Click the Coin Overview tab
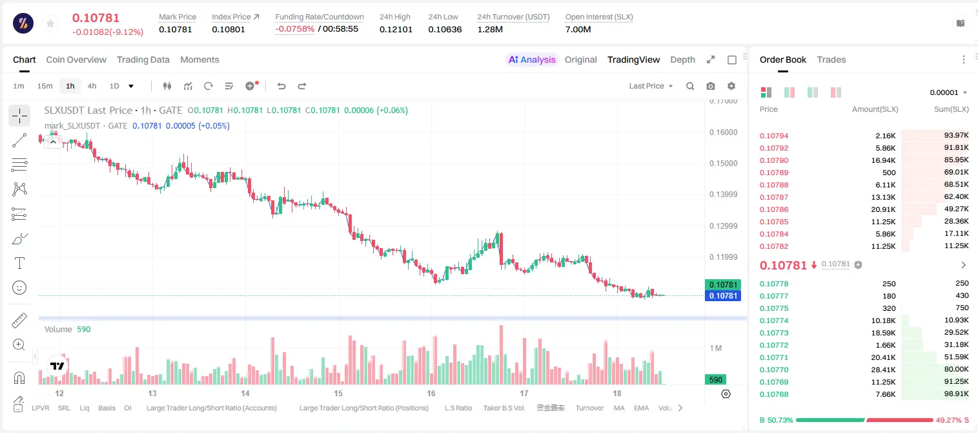click(x=76, y=59)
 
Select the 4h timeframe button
click(x=92, y=86)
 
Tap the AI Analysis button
click(x=532, y=59)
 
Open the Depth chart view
click(x=682, y=59)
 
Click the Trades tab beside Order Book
click(x=831, y=59)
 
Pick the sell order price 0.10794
click(x=774, y=136)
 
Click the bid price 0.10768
click(x=774, y=394)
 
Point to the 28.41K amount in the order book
click(x=883, y=370)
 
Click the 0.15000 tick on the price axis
click(x=724, y=164)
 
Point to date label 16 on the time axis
click(x=431, y=393)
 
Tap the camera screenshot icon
click(x=711, y=86)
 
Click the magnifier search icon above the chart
click(x=690, y=86)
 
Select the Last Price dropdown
click(x=651, y=86)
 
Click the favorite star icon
click(x=50, y=23)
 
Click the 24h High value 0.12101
click(x=396, y=29)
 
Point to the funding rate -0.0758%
click(x=295, y=29)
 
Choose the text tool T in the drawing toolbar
click(x=19, y=263)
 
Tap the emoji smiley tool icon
click(x=19, y=288)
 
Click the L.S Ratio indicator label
click(x=458, y=408)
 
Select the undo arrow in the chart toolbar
click(x=281, y=86)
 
